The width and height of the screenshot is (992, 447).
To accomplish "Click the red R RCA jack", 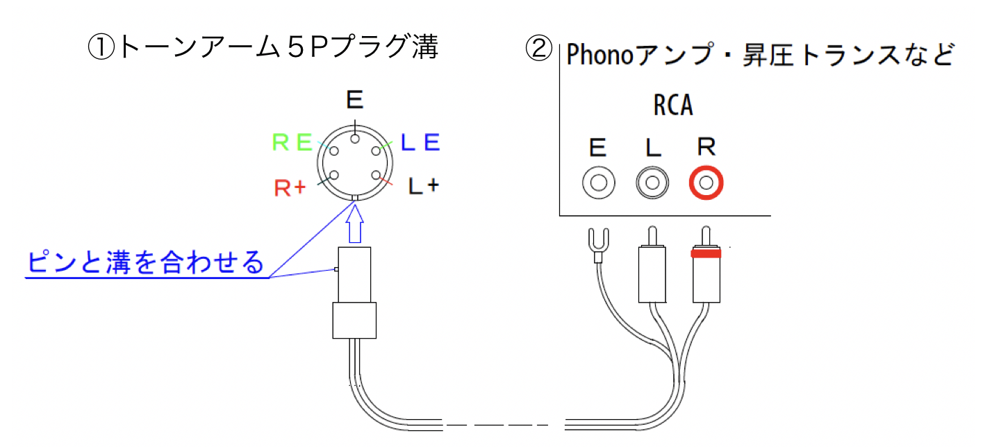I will pyautogui.click(x=706, y=183).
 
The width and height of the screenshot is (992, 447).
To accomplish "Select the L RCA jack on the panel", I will pyautogui.click(x=652, y=183).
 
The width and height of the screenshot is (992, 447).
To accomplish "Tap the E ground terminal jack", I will pyautogui.click(x=599, y=183).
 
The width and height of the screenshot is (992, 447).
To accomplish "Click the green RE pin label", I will pyautogui.click(x=292, y=143).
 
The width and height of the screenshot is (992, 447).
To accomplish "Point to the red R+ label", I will pyautogui.click(x=290, y=187).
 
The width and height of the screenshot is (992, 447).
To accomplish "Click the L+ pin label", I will pyautogui.click(x=423, y=186).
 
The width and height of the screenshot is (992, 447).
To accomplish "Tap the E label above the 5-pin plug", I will pyautogui.click(x=355, y=101).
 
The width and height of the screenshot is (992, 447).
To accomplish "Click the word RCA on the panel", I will pyautogui.click(x=673, y=106).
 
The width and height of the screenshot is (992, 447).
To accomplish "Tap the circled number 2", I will pyautogui.click(x=538, y=49).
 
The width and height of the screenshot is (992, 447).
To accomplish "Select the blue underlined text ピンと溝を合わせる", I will pyautogui.click(x=146, y=263).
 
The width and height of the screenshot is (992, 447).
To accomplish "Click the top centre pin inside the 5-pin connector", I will pyautogui.click(x=355, y=140).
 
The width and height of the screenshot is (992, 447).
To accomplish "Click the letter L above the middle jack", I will pyautogui.click(x=652, y=147).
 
